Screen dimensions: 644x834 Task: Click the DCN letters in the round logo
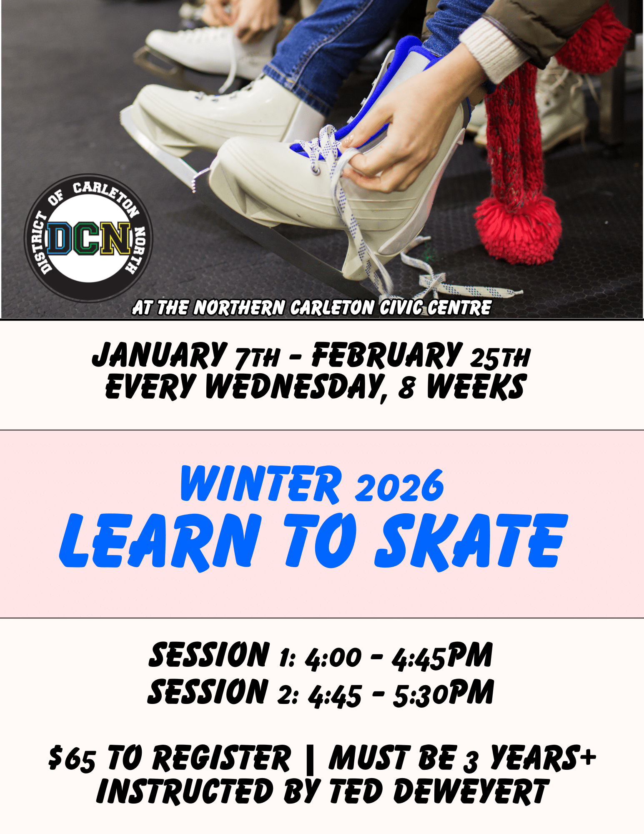pos(89,239)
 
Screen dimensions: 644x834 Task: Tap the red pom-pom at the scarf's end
pos(517,230)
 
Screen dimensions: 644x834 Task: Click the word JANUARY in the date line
pos(160,355)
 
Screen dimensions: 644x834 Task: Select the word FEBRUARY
pos(387,355)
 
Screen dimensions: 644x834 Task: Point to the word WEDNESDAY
pos(295,387)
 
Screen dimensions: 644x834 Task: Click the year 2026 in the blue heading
pos(399,486)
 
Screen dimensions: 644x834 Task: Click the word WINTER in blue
pos(261,484)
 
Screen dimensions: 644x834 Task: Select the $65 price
pos(72,757)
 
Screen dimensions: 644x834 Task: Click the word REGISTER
pos(221,757)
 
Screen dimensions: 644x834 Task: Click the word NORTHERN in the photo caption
pos(240,308)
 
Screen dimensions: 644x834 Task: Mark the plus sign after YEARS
pos(588,756)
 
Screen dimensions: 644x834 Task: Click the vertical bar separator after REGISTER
pos(309,758)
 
